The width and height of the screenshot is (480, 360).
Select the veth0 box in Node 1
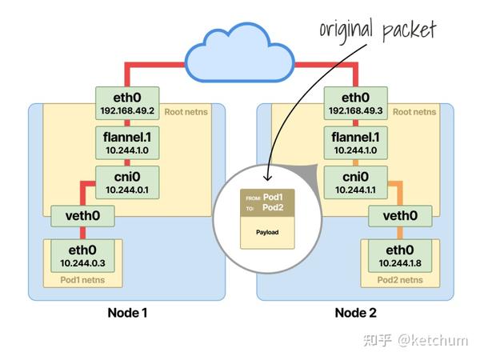(x=82, y=214)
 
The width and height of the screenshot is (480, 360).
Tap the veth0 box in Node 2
(x=399, y=214)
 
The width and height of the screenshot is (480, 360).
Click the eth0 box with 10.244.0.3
(x=82, y=254)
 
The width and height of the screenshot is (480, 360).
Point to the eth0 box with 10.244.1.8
(x=399, y=254)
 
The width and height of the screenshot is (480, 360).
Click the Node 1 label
(x=129, y=312)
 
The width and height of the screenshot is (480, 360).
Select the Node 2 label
(x=357, y=312)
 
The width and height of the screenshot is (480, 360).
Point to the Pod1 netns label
(x=82, y=280)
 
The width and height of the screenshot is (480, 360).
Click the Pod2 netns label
(x=399, y=280)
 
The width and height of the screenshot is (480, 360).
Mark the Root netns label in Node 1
(x=187, y=112)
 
